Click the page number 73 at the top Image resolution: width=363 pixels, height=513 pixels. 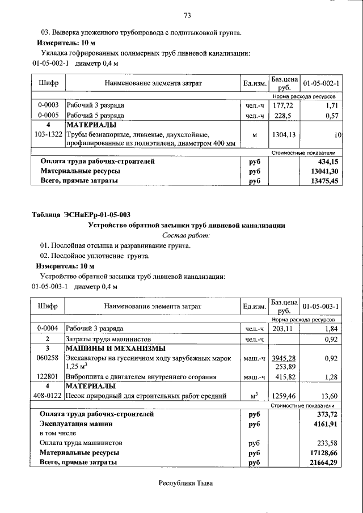pyautogui.click(x=187, y=15)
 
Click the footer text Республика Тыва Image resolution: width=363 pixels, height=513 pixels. pyautogui.click(x=187, y=483)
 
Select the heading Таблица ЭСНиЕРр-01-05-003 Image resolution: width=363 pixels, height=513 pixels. pyautogui.click(x=81, y=214)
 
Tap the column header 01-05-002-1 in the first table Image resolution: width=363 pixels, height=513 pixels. pyautogui.click(x=321, y=84)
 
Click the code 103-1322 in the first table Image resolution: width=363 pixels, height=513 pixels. pyautogui.click(x=48, y=135)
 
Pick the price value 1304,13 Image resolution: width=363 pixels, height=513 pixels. pyautogui.click(x=284, y=135)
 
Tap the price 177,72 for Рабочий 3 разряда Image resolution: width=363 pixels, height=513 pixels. pyautogui.click(x=284, y=106)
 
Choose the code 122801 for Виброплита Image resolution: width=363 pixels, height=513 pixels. pyautogui.click(x=48, y=377)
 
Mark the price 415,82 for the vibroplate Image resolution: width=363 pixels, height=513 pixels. pyautogui.click(x=286, y=377)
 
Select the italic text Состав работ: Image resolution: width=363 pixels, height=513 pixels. pyautogui.click(x=186, y=235)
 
